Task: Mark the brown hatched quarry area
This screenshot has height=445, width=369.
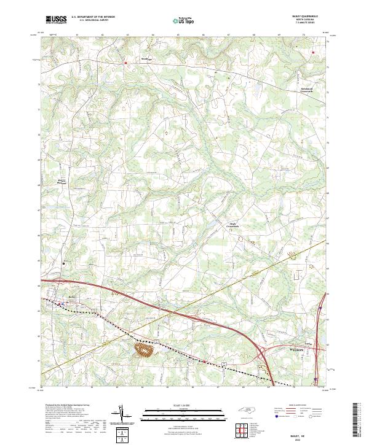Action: [144, 350]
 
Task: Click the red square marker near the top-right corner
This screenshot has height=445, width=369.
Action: [313, 53]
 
